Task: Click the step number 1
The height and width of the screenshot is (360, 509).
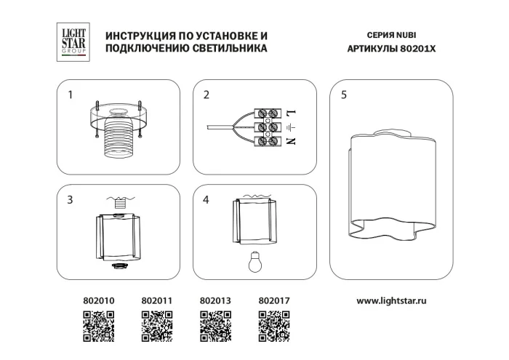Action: point(71,95)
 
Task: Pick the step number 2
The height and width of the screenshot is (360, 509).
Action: point(207,95)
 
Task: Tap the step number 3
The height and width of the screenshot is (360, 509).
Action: point(71,200)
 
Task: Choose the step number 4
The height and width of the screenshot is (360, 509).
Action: point(207,200)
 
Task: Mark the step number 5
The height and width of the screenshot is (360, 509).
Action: point(344,95)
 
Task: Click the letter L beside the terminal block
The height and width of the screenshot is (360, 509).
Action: point(289,113)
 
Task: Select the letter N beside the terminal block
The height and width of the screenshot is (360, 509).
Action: point(289,141)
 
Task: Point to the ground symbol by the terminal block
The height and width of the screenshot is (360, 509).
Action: point(289,127)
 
